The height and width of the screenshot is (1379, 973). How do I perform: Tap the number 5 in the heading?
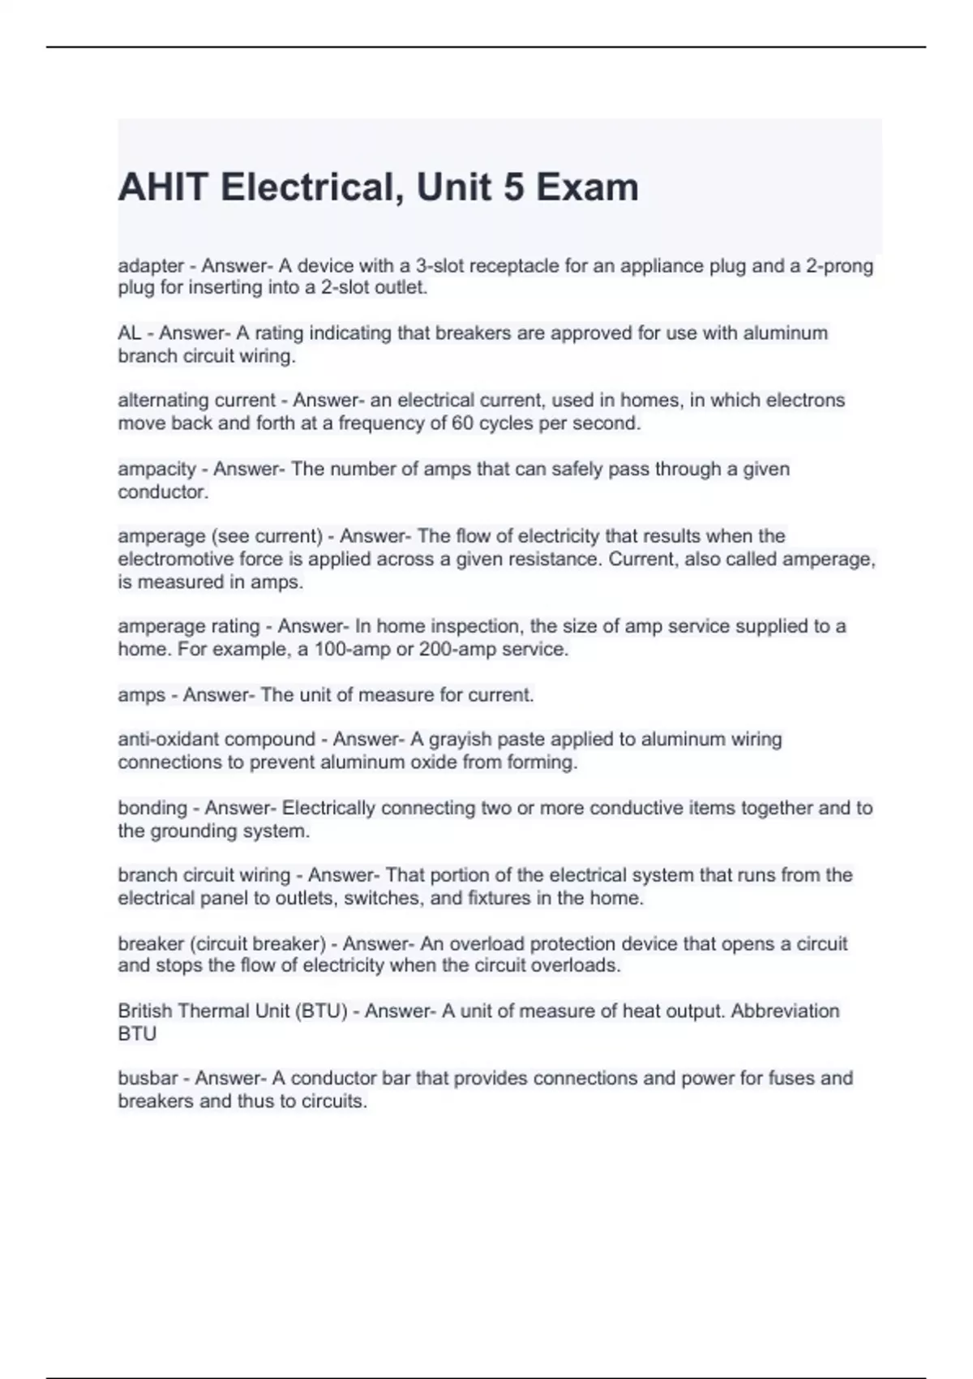pyautogui.click(x=513, y=187)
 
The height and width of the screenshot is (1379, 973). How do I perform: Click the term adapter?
pyautogui.click(x=151, y=266)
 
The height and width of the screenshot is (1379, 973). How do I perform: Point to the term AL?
pyautogui.click(x=129, y=333)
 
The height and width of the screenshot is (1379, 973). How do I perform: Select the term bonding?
pyautogui.click(x=152, y=808)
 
